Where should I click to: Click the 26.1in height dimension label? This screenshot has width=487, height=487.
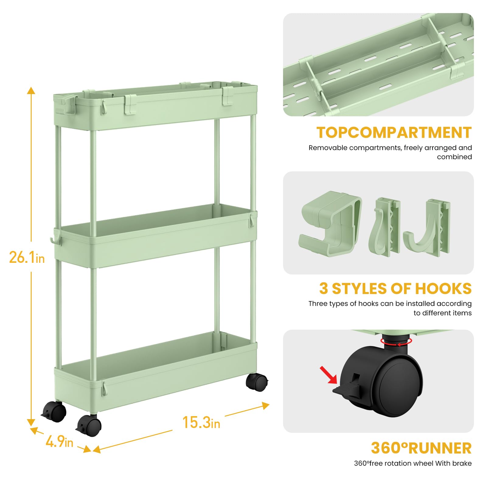click(27, 257)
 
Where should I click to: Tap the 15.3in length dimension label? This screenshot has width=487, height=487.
click(201, 422)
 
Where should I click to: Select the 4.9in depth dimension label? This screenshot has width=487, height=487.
click(59, 441)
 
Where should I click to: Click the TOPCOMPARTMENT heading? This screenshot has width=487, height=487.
click(394, 133)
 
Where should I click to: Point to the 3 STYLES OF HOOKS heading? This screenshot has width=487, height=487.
click(395, 289)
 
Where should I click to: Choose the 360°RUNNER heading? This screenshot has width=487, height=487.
click(421, 448)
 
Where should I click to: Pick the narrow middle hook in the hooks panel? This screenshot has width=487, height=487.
click(384, 226)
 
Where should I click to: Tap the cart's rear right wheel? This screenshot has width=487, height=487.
click(257, 382)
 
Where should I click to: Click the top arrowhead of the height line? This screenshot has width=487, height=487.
click(31, 90)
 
